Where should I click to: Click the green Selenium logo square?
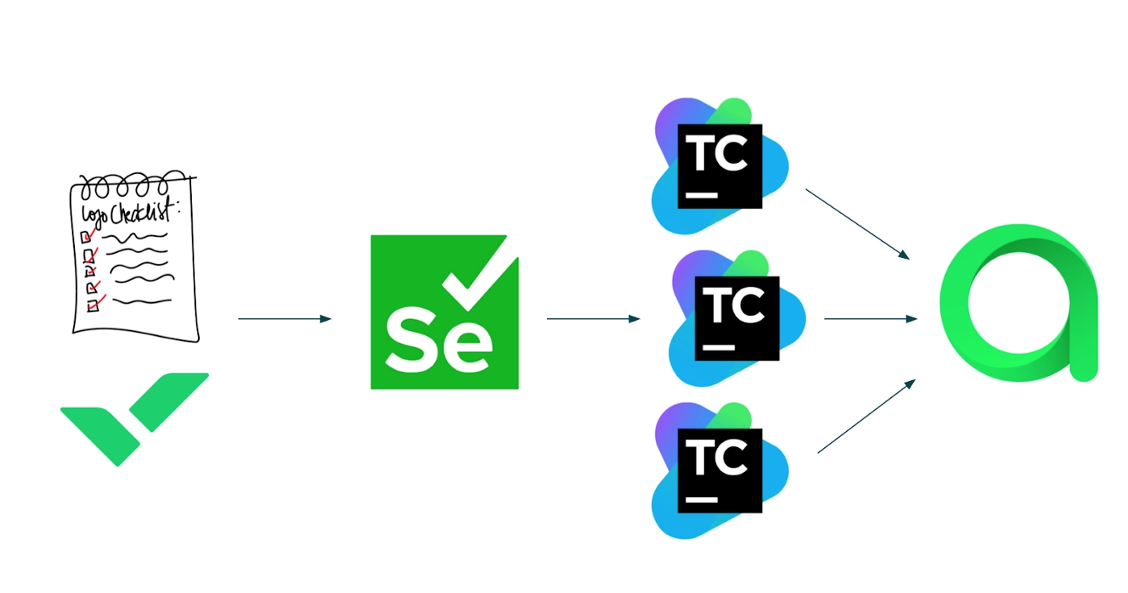444,313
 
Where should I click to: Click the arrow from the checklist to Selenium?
284,319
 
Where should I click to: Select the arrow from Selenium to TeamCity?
593,319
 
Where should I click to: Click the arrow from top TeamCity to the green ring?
857,224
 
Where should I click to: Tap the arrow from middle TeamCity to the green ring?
870,319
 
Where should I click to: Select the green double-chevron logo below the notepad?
135,417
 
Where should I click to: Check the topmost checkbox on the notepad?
86,236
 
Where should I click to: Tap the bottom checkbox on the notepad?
92,305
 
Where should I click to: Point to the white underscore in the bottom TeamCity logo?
701,500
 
